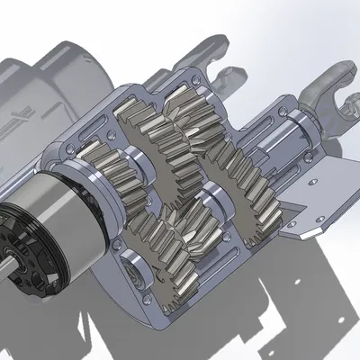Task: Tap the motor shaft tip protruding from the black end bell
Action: click(7, 262)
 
